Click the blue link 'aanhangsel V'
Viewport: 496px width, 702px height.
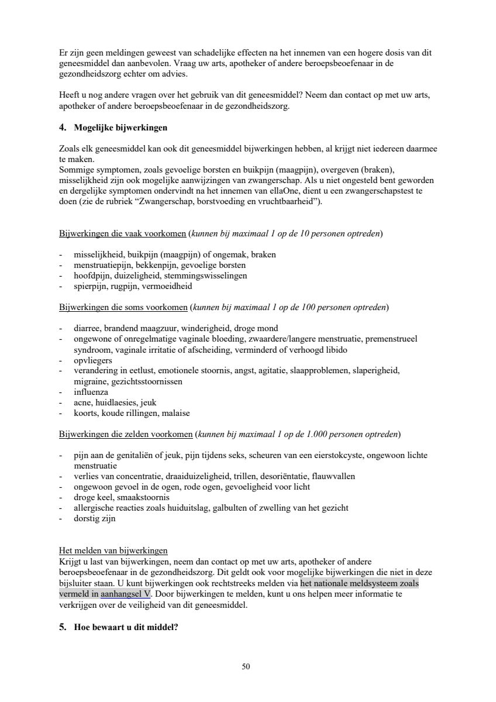[x=125, y=593]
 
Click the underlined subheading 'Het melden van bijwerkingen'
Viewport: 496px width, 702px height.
[x=113, y=550]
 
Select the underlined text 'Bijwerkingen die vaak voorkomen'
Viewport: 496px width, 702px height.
[x=123, y=233]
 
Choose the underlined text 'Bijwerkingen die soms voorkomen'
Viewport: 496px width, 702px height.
[x=123, y=307]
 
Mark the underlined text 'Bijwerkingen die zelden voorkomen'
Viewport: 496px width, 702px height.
[x=126, y=434]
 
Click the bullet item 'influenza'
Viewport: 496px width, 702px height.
[x=91, y=392]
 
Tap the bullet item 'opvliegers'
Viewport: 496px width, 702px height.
[x=93, y=360]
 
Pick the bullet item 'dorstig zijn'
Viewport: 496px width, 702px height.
[x=95, y=518]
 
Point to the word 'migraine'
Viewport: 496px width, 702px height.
[x=90, y=381]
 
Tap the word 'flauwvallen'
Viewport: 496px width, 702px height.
[x=333, y=476]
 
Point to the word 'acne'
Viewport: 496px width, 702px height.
[x=82, y=402]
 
